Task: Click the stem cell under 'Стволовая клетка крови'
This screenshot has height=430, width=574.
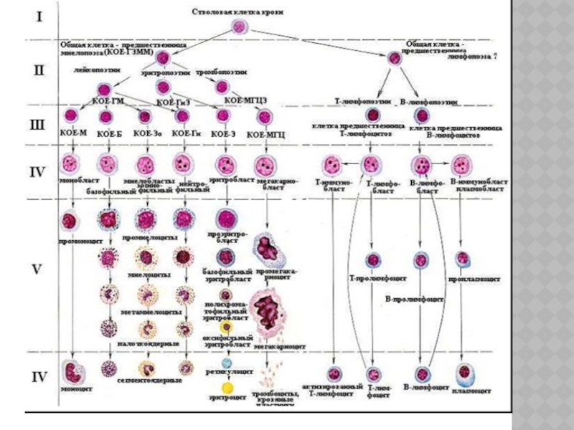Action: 238,27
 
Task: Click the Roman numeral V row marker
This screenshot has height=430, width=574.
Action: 39,271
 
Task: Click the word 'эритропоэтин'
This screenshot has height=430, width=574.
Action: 170,72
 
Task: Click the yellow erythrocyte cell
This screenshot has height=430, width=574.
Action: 228,388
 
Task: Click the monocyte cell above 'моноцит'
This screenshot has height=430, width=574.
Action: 72,371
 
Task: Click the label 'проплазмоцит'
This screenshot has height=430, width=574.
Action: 465,276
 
